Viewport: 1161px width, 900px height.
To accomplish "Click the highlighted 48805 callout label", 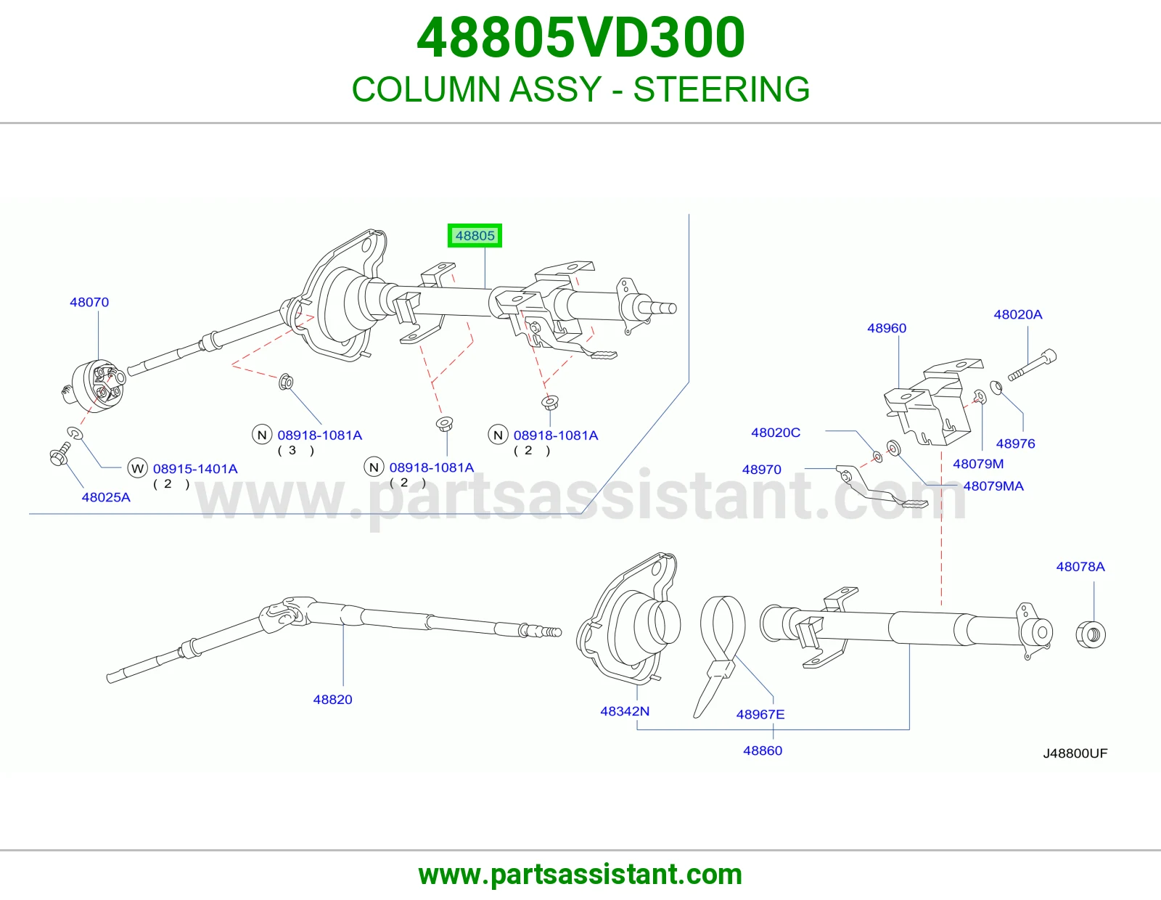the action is [475, 236].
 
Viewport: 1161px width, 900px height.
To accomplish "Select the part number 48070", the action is [89, 302].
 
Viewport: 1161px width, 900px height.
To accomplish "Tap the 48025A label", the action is [106, 497].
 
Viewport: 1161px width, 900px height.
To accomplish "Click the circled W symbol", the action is [137, 469].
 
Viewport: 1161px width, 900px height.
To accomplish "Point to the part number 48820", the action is [332, 700].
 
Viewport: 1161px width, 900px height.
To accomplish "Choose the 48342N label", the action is [625, 711].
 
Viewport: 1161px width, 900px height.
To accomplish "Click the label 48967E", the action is [760, 714].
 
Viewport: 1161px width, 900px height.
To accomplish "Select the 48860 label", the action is [763, 751].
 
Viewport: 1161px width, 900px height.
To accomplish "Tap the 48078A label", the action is [1080, 567].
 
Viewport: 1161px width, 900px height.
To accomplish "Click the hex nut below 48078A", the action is [1091, 635].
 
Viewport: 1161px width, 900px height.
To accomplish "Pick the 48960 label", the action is [887, 328].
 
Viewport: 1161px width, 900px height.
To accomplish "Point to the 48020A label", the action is [1018, 314].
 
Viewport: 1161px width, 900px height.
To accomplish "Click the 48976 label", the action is [1015, 443].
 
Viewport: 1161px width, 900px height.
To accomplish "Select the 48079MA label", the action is [993, 486].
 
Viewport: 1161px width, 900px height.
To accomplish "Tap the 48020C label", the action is [776, 433].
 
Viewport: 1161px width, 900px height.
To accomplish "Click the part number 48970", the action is [761, 470].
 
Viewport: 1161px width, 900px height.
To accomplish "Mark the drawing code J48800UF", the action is [1075, 753].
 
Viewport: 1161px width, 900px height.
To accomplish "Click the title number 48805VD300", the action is [580, 38].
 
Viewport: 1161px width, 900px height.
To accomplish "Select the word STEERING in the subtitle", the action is [721, 89].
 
